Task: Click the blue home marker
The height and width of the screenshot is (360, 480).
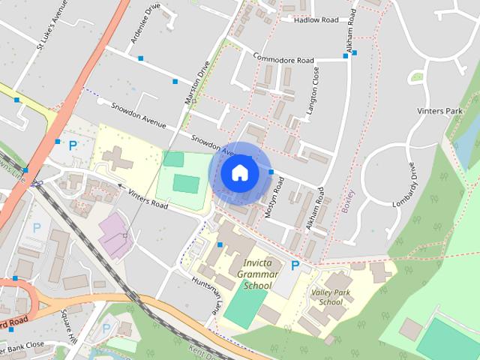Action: [238, 172]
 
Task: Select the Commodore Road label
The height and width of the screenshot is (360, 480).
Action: [283, 59]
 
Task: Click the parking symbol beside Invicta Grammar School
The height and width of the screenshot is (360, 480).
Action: [295, 266]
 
